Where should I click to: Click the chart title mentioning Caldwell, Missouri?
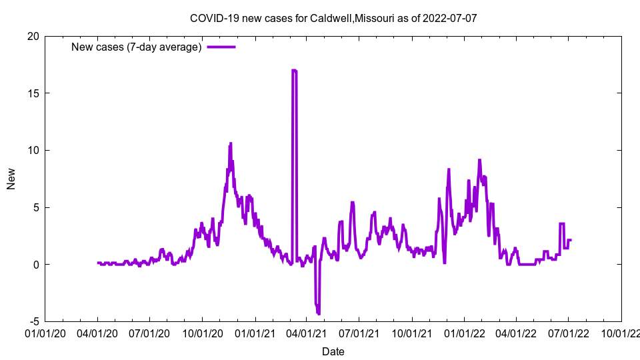333,18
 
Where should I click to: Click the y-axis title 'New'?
11,179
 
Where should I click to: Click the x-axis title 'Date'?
333,351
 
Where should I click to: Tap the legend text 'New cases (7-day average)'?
137,47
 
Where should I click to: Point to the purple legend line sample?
221,47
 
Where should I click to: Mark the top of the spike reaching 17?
294,70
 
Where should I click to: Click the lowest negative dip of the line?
319,313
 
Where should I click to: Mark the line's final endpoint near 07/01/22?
571,240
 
